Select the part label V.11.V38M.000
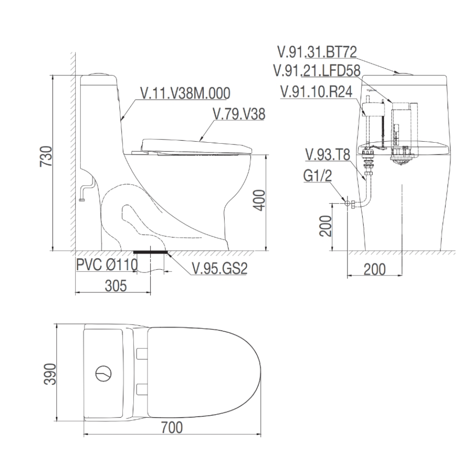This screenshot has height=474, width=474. pyautogui.click(x=185, y=94)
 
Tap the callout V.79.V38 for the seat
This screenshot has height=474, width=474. pyautogui.click(x=239, y=114)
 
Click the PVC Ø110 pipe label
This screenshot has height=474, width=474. pyautogui.click(x=106, y=264)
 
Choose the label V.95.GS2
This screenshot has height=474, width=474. pyautogui.click(x=220, y=268)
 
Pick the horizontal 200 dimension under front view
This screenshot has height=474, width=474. pyautogui.click(x=374, y=269)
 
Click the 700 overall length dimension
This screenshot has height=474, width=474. pyautogui.click(x=172, y=428)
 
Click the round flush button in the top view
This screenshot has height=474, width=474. pyautogui.click(x=104, y=374)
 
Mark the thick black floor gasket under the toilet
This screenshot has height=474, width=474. pyautogui.click(x=151, y=252)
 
